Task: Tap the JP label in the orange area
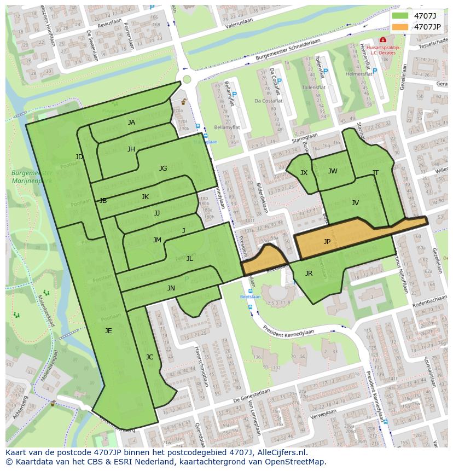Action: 327,241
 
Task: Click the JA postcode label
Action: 131,123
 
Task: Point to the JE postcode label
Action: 108,330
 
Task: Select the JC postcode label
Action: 149,357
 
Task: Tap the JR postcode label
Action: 309,273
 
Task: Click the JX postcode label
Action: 304,172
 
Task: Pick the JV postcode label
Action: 355,202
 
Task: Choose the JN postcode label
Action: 171,288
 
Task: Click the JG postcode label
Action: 163,168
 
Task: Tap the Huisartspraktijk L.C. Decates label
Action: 382,50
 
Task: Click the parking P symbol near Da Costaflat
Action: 279,81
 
